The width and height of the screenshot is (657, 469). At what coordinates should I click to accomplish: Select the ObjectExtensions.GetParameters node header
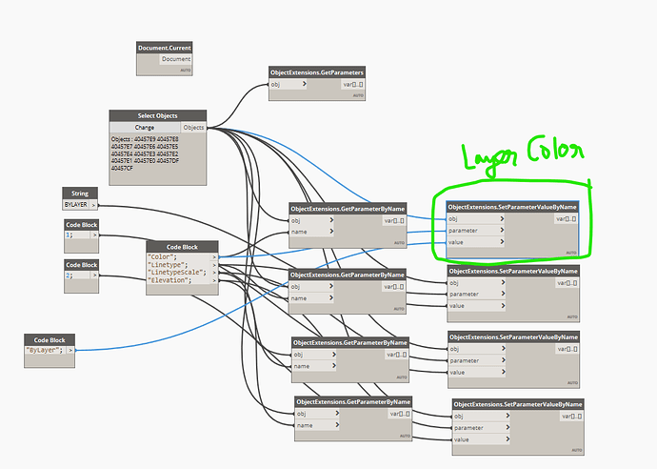317,71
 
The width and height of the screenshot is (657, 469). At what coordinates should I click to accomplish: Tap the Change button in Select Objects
145,127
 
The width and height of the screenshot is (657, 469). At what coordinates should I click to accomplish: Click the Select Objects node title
157,115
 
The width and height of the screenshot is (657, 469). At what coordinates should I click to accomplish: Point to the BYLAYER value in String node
75,205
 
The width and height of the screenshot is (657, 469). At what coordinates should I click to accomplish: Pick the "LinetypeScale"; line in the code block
178,272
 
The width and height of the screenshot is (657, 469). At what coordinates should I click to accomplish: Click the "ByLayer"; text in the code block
44,350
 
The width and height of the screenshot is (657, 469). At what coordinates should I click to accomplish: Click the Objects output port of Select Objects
193,127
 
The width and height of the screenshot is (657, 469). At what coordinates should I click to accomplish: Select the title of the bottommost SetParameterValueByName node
517,404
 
